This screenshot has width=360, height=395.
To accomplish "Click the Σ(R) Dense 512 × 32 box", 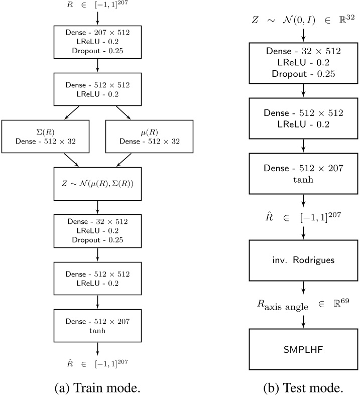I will pos(46,137).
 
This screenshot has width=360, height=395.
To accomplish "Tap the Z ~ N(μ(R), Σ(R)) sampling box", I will pos(97,183).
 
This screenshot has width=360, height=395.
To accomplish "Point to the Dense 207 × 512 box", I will pos(97,42).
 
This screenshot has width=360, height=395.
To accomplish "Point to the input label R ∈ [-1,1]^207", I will pos(97,5).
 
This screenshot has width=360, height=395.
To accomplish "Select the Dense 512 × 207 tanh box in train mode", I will pos(97,325).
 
